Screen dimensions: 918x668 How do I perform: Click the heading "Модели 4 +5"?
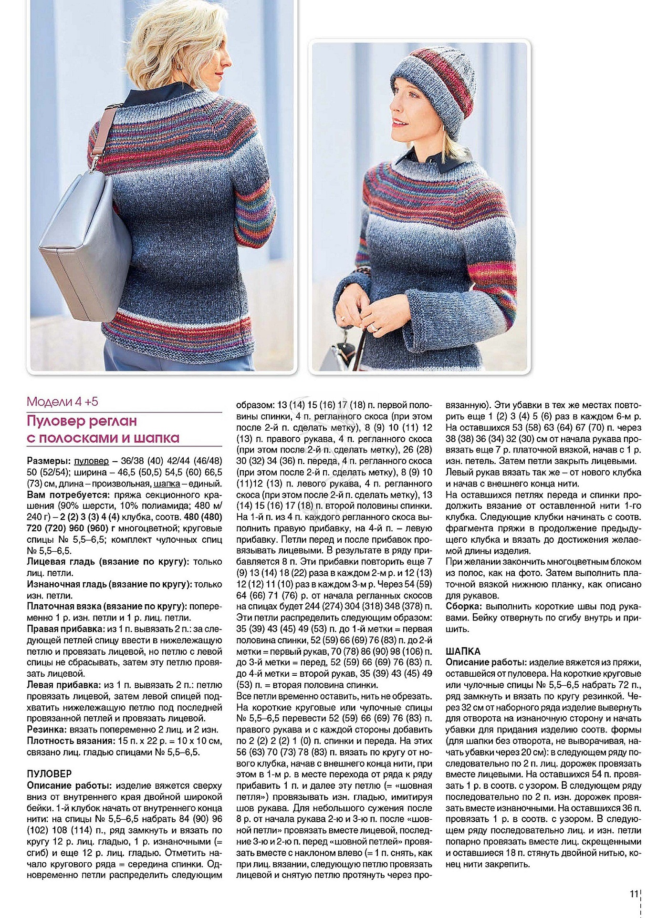tap(63, 402)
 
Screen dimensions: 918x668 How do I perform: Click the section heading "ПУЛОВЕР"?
tap(49, 774)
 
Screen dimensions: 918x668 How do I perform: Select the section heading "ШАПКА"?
tap(463, 651)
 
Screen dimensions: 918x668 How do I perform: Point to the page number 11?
tap(634, 894)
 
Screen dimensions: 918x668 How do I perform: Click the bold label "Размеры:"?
tap(49, 461)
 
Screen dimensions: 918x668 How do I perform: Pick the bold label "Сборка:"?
tap(463, 607)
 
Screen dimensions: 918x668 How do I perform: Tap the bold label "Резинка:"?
tap(47, 730)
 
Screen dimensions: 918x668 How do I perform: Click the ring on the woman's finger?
tap(374, 328)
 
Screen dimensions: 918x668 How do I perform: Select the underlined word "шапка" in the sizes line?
tap(167, 484)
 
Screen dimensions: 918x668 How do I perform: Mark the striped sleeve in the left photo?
tap(258, 210)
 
